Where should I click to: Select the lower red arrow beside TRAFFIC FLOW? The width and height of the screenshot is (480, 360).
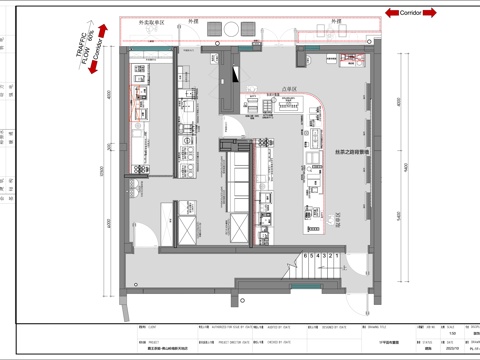pyautogui.click(x=92, y=69)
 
